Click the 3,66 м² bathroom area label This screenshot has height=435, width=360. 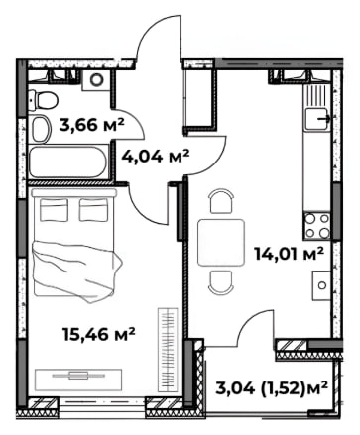click(91, 125)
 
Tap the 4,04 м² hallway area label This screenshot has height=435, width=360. click(156, 156)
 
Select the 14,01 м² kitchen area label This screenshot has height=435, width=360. click(289, 254)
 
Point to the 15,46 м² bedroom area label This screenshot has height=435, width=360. click(99, 334)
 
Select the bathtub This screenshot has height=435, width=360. click(68, 163)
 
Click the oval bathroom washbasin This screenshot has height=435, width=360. click(41, 129)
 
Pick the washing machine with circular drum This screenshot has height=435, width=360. click(97, 80)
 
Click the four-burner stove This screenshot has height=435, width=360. click(317, 226)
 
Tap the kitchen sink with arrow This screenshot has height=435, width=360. click(317, 119)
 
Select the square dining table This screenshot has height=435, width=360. click(221, 243)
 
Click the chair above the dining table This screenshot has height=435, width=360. click(221, 201)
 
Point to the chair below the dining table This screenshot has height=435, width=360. click(221, 281)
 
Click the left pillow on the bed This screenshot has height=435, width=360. click(54, 210)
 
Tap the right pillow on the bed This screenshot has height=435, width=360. click(93, 210)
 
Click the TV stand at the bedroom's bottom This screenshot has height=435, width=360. click(78, 380)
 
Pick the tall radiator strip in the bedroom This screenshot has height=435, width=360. click(168, 350)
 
